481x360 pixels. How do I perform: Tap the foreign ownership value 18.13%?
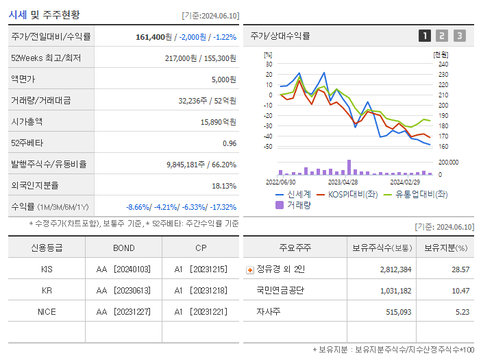coord(224,186)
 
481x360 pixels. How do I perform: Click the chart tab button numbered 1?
coord(425,36)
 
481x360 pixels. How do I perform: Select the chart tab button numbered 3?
coord(459,36)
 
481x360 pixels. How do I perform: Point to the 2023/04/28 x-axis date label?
coord(343,182)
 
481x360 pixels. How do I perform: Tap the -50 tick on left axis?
coord(268,147)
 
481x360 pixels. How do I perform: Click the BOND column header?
coord(123,248)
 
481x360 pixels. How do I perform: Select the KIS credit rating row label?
coord(47,269)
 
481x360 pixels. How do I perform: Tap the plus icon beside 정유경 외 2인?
coord(249,270)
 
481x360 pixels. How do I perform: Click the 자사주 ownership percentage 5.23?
coord(463,312)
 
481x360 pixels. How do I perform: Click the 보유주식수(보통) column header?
coord(382,248)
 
